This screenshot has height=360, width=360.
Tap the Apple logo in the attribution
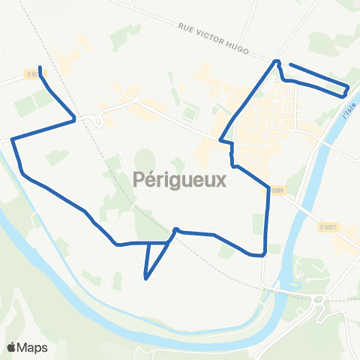click(x=11, y=347)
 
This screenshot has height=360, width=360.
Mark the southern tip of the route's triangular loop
click(x=145, y=279)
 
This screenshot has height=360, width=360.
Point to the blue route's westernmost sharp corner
click(x=13, y=139)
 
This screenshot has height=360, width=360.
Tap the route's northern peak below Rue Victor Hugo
click(x=277, y=61)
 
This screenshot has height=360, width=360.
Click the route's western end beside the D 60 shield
click(x=39, y=73)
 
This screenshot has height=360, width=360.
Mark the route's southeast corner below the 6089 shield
click(x=265, y=255)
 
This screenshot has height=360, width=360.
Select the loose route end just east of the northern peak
click(x=289, y=65)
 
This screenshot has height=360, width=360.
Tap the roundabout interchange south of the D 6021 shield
click(x=318, y=299)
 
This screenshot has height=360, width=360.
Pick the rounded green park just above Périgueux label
click(x=145, y=160)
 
